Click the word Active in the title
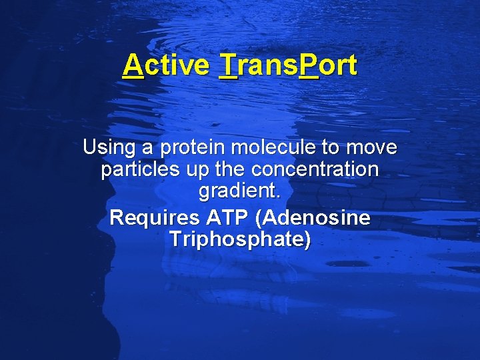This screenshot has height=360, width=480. [166, 65]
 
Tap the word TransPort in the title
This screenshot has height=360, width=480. [288, 65]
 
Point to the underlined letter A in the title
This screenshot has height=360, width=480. [133, 65]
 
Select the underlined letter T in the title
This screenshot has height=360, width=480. [228, 65]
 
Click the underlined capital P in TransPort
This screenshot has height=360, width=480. [309, 65]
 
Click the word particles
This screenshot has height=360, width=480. [141, 170]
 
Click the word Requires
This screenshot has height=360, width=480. [154, 217]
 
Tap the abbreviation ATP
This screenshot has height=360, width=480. [226, 217]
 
